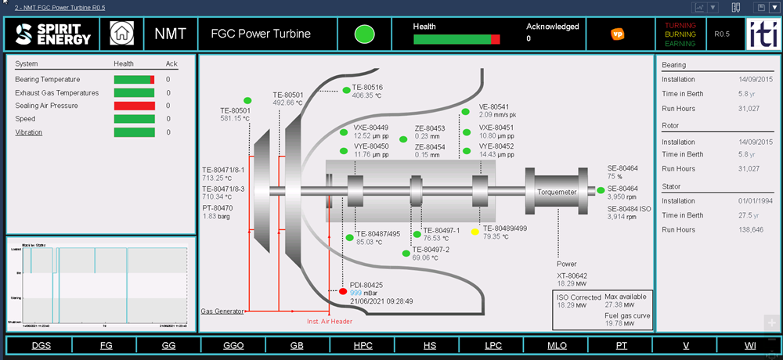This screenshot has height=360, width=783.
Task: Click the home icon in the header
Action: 121,34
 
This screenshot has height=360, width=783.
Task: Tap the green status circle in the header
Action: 364,34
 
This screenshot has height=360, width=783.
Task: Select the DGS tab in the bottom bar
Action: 41,345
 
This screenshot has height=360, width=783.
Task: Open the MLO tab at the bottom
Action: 557,345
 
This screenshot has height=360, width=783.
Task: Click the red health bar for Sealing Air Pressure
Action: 135,106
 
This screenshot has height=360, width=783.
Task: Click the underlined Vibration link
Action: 29,132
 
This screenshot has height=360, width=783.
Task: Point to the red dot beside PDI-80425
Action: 343,292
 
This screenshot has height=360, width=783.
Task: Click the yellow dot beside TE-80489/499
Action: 475,232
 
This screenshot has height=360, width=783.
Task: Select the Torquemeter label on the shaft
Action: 557,191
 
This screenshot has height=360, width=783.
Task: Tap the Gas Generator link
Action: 222,311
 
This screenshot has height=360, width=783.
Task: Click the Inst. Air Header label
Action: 330,321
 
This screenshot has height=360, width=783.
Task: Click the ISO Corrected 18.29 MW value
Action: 570,306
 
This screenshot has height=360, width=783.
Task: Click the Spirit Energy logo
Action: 53,34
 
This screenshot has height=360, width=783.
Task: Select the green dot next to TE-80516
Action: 346,90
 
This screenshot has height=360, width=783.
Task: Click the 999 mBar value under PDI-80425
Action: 356,293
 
